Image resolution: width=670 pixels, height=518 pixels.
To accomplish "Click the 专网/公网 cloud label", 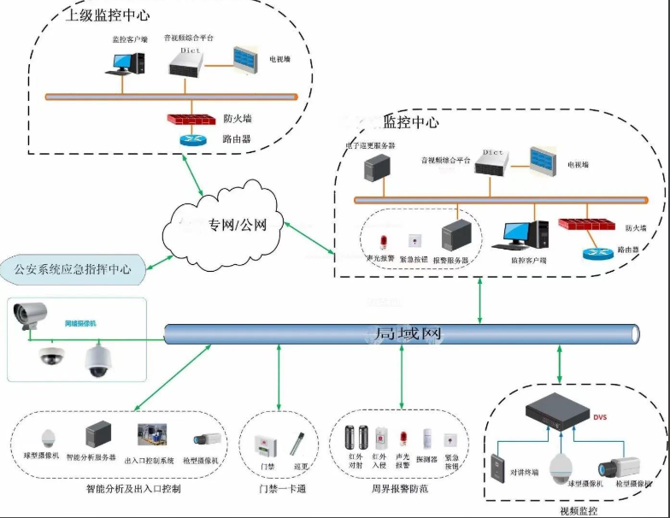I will [238, 226].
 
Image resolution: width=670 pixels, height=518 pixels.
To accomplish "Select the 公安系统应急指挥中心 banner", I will [73, 268].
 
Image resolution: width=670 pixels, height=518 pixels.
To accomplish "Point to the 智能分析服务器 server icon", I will [98, 437].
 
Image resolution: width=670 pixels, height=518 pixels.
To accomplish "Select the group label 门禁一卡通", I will [284, 490].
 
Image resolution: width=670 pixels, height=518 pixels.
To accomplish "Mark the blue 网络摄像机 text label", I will [82, 324].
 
